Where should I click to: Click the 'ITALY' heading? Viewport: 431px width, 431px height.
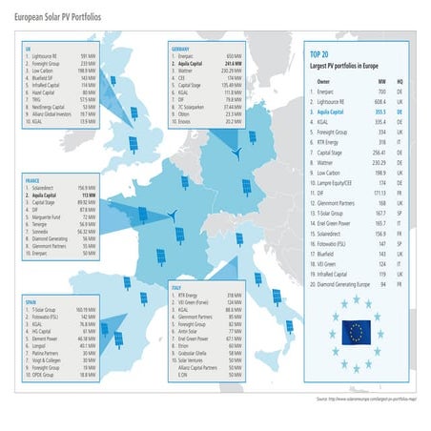coord(176,286)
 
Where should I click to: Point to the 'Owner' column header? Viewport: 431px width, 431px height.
coord(323,81)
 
